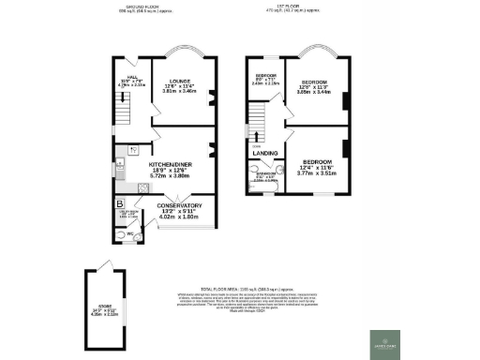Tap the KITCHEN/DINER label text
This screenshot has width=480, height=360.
tap(168, 163)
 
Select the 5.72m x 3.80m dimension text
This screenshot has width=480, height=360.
tap(168, 176)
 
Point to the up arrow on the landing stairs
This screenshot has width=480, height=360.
tap(256, 141)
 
